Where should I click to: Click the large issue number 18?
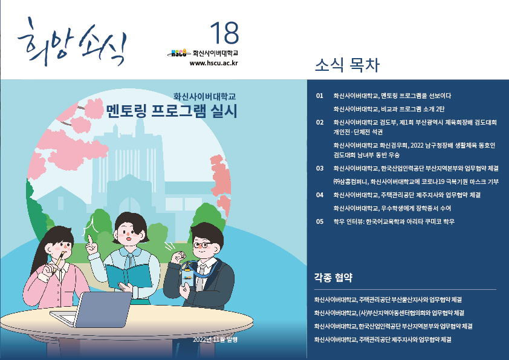pos(225,33)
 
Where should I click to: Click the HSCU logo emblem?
pos(179,53)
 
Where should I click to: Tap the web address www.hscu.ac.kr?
pos(213,63)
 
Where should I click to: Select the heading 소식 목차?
pos(347,65)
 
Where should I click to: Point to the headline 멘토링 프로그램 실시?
pos(172,111)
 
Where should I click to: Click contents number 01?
pos(320,96)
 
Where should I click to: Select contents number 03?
pos(320,168)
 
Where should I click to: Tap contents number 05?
pos(320,221)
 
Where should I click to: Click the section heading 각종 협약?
pos(333,278)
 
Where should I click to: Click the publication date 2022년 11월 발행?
pos(215,339)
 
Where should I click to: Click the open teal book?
pos(129,275)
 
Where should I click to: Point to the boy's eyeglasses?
pos(202,244)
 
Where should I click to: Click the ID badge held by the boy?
pos(188,278)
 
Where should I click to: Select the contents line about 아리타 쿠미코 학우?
pos(394,221)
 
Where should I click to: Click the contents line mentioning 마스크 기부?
pos(416,182)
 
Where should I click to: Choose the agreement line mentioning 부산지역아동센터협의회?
pos(389,313)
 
